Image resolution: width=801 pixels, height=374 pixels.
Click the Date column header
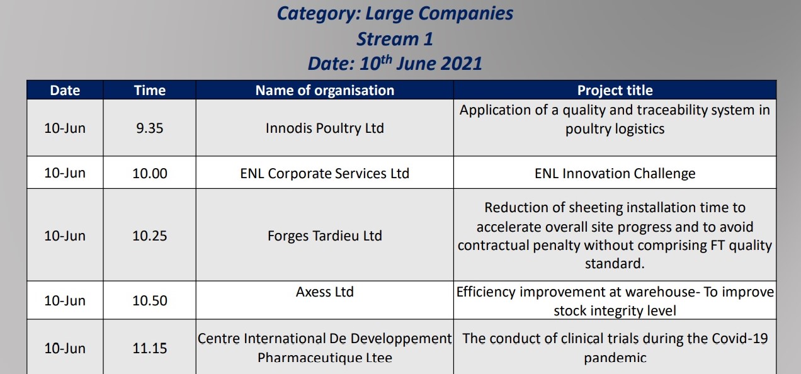65,91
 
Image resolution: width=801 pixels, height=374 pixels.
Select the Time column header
149,91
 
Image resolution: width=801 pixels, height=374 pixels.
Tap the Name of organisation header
325,91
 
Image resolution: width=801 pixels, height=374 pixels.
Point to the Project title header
615,91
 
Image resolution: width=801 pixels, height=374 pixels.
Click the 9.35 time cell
149,128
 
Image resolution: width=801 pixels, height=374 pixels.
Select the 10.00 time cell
149,173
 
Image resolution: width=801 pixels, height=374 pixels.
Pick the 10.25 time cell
149,236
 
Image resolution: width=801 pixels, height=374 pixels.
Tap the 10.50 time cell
149,301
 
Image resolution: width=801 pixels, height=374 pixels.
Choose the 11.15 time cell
149,348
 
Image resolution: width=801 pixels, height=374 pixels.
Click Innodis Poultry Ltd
325,128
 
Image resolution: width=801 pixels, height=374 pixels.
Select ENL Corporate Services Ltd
325,173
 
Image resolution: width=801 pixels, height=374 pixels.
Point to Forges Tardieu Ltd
325,236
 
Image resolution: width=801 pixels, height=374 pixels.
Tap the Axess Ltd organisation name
325,292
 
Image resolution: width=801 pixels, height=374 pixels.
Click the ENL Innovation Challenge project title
615,173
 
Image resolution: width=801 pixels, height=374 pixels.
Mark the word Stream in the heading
388,39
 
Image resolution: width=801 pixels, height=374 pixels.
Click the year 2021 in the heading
462,64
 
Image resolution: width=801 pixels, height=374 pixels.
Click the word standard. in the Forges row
615,264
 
